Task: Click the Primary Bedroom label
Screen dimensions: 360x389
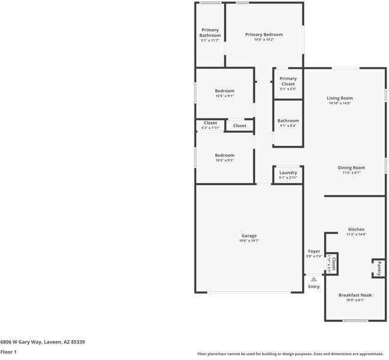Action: point(264,35)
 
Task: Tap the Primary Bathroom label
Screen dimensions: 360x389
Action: point(210,32)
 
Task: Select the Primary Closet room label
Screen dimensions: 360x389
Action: point(288,81)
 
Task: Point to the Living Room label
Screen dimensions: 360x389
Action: point(339,98)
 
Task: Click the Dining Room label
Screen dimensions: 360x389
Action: point(351,168)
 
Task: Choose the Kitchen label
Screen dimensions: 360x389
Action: point(356,229)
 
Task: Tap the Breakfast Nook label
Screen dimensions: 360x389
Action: point(355,295)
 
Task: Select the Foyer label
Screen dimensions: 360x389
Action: point(314,251)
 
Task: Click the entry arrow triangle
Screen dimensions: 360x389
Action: point(313,278)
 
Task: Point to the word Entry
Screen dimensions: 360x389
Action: point(314,287)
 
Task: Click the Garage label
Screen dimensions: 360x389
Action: point(249,236)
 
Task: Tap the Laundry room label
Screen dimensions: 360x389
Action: point(288,173)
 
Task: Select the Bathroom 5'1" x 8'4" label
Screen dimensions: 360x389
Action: point(288,121)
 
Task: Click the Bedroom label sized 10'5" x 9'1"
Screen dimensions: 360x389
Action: point(225,91)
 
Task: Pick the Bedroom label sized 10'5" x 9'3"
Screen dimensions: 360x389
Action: point(225,155)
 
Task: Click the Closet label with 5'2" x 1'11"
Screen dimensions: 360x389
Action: point(210,123)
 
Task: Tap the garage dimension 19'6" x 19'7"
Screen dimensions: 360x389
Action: point(249,241)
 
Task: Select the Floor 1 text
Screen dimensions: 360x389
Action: point(8,352)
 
